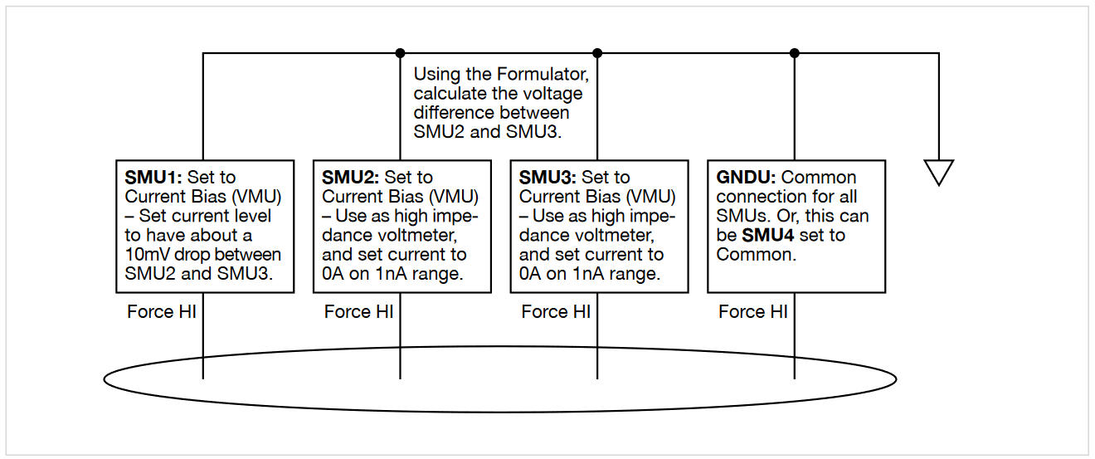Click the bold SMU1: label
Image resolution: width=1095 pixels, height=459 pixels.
154,178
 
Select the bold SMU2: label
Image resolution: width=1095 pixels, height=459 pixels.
351,178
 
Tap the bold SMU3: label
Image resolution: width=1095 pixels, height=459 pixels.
548,178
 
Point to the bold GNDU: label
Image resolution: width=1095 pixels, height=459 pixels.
747,178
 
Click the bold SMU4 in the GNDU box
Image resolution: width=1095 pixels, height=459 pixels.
768,235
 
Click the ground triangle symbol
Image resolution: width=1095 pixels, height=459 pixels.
938,173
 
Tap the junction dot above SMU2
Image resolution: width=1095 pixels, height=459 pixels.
401,53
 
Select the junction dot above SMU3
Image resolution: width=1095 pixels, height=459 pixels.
597,53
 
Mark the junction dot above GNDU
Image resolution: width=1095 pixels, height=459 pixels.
795,53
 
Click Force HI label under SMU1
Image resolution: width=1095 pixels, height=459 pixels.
162,312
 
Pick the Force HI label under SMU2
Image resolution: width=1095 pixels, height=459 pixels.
359,312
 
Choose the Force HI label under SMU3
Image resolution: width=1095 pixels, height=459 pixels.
556,312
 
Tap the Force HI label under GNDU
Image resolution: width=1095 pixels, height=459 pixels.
753,312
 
